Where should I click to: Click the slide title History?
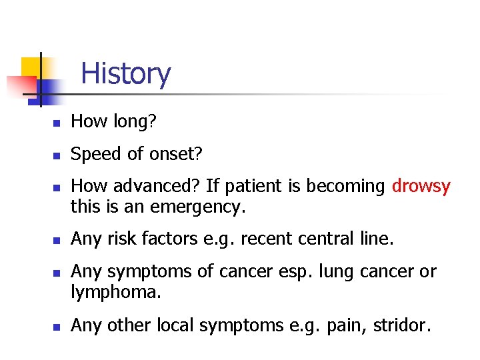(125, 73)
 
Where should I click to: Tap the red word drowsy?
(421, 187)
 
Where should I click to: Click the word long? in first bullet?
(136, 121)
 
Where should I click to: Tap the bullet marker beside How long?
(58, 123)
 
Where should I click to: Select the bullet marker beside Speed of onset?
(58, 155)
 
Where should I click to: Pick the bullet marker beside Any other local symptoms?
(58, 326)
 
